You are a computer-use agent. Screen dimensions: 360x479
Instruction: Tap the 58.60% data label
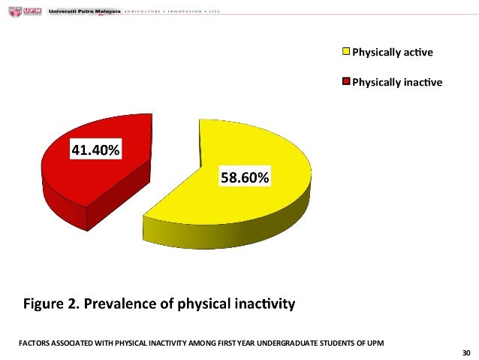[x=244, y=177]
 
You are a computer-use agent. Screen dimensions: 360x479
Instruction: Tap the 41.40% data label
[x=95, y=150]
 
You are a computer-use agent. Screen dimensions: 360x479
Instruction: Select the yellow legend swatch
[x=346, y=52]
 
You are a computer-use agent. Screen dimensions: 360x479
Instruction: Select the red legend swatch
[x=346, y=82]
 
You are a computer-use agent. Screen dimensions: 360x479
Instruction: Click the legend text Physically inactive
[x=397, y=82]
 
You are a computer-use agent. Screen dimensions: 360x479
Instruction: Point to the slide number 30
[x=466, y=352]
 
